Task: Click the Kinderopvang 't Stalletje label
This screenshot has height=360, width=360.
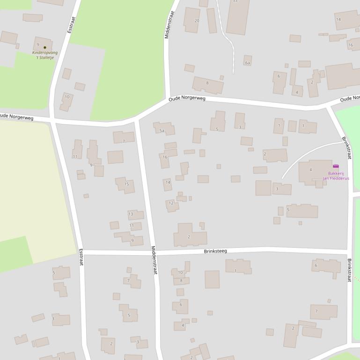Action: (45, 55)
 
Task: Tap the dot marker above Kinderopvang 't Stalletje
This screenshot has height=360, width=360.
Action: (45, 47)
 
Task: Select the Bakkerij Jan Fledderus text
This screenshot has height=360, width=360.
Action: (336, 176)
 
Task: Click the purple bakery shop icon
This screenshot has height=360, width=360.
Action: (336, 166)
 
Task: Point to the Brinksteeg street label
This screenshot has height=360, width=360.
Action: (215, 251)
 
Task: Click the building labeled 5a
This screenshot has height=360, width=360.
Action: (164, 129)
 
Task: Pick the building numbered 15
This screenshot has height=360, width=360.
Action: (125, 184)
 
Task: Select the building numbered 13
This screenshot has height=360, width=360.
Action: (136, 215)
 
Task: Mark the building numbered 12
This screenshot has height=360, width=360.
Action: (172, 204)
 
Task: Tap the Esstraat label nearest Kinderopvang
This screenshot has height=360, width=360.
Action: (71, 24)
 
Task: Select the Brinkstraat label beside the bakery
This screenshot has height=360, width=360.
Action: (346, 148)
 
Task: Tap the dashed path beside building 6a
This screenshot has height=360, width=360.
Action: (233, 61)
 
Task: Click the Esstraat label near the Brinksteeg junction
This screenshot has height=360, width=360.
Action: (81, 257)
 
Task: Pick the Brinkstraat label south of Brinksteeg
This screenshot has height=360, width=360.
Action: (349, 270)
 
